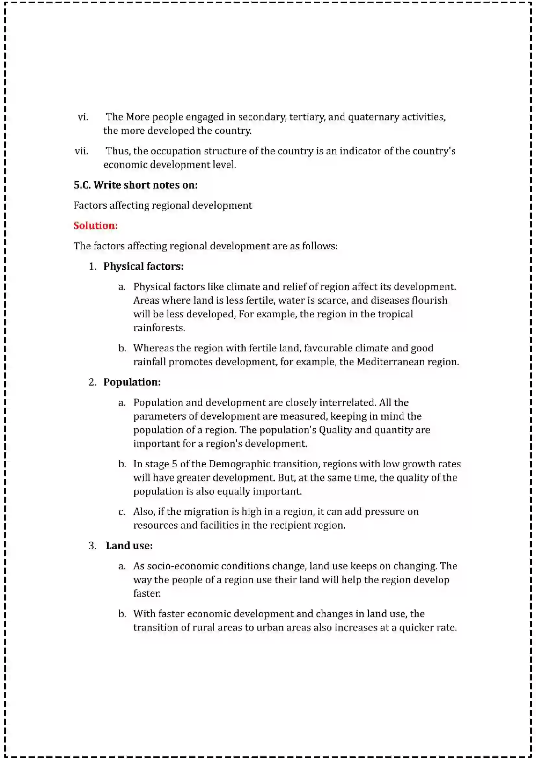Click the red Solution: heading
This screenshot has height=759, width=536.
point(95,226)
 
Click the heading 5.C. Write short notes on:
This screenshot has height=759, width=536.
point(136,185)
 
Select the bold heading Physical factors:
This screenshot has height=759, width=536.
point(143,266)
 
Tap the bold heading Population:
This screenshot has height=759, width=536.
point(132,382)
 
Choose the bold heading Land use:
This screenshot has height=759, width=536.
point(129,545)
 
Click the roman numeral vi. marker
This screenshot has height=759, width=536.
point(83,117)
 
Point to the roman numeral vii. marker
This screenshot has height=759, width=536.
point(82,151)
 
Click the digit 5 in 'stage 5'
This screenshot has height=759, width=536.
point(175,464)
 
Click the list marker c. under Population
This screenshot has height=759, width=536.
point(122,512)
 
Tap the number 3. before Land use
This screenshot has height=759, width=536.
point(92,545)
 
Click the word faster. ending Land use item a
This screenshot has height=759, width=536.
point(147,594)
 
